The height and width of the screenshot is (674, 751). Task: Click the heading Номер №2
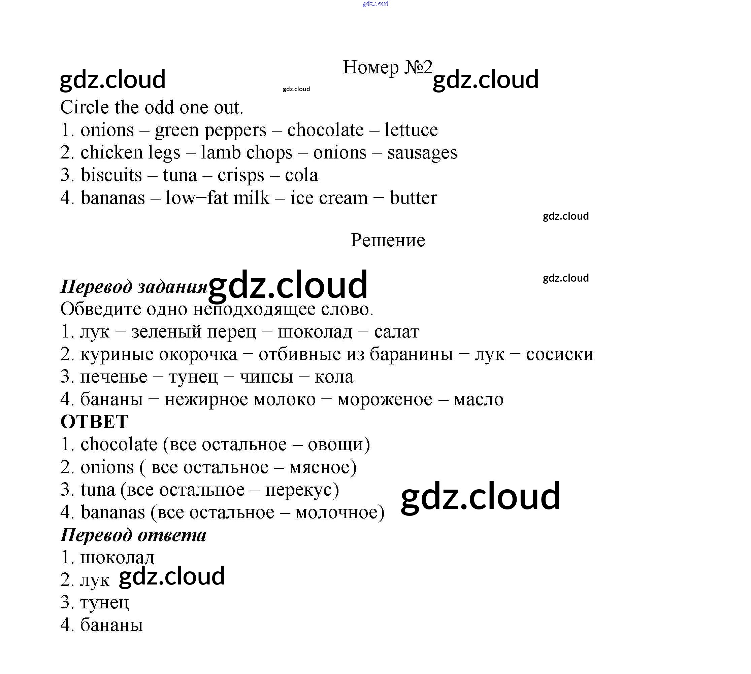point(387,67)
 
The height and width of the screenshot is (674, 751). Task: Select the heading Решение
point(388,240)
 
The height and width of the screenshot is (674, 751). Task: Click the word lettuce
point(411,130)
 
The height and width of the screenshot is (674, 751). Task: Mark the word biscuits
point(111,175)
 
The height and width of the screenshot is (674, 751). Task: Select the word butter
point(413,198)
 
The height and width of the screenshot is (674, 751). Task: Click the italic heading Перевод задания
point(133,287)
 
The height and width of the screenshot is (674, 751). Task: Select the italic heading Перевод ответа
point(133,535)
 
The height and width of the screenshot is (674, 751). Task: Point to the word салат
point(396,332)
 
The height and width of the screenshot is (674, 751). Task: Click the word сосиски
point(559,354)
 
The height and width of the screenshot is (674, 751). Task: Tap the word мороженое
point(384,399)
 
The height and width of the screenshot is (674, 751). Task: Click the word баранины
point(411,354)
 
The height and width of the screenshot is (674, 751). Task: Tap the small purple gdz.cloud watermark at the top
point(375,4)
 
